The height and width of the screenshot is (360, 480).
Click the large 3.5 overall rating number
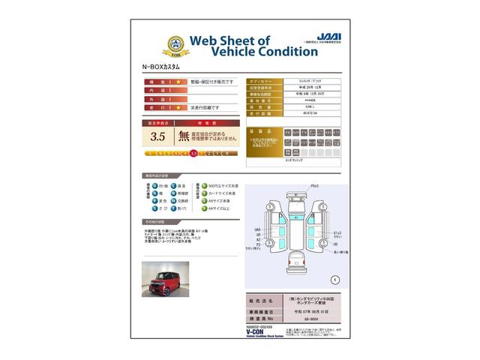click(x=157, y=136)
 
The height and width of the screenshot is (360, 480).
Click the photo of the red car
click(x=165, y=278)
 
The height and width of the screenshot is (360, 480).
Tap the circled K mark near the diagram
click(x=334, y=278)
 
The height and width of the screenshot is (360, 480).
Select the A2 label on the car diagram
click(x=258, y=239)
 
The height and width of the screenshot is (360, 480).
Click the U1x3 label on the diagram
click(x=337, y=233)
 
